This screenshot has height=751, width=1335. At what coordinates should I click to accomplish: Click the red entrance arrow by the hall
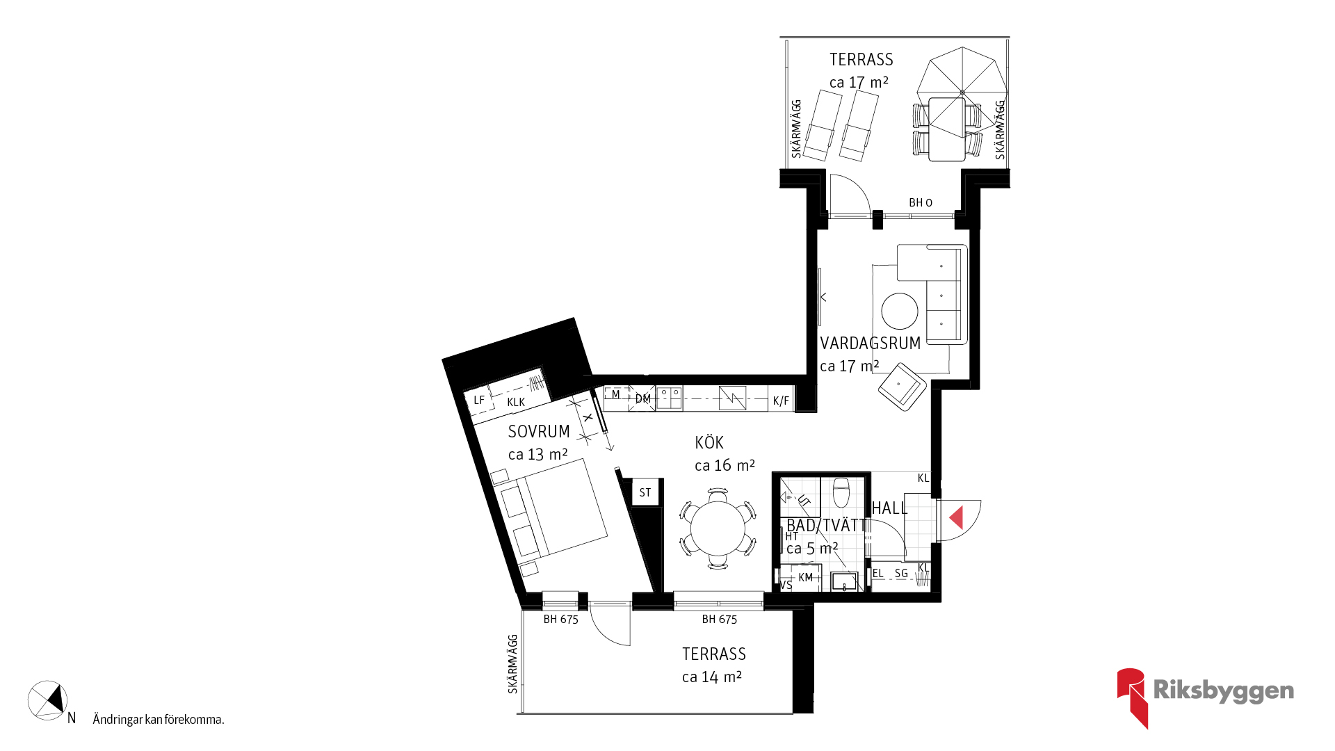957,517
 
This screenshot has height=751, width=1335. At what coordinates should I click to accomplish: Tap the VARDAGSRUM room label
871,344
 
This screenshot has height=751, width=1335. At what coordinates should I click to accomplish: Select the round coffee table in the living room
900,311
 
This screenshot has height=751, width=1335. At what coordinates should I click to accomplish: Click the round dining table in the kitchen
718,528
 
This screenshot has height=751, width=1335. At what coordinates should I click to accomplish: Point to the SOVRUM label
539,432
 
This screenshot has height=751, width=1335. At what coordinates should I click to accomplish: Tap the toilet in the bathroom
841,492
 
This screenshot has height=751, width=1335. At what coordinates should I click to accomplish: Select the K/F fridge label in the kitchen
781,401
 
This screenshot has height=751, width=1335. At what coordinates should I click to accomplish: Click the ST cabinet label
645,493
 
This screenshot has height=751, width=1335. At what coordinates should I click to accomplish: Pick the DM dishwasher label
643,399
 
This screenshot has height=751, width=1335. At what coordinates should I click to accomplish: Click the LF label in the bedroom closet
479,401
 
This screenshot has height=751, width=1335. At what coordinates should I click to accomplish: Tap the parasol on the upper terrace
962,92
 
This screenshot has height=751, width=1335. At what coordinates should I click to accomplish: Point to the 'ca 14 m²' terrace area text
712,677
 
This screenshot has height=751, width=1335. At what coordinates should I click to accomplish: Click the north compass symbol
48,700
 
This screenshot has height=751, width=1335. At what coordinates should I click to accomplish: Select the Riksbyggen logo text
1224,691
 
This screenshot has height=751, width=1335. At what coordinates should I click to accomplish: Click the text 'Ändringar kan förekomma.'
159,720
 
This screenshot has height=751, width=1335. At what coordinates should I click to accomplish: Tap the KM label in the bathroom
806,578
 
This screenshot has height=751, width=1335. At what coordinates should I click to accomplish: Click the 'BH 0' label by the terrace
921,203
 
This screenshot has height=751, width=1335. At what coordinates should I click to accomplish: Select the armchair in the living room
903,387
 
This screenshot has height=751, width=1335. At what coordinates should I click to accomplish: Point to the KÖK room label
709,443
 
